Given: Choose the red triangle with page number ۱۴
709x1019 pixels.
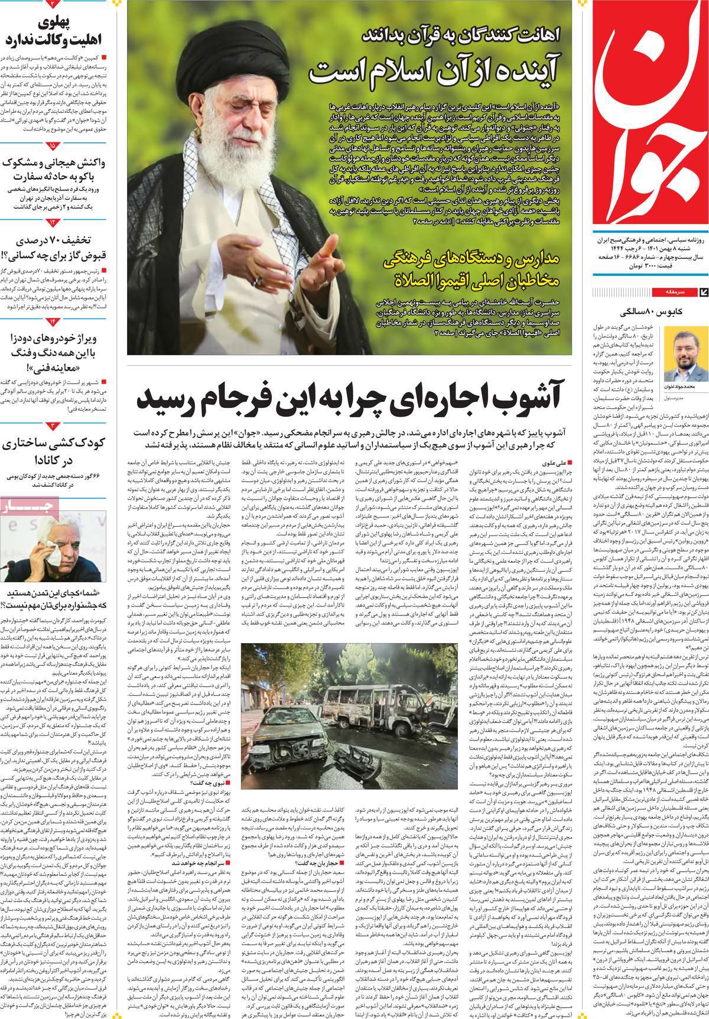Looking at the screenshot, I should coord(54,320).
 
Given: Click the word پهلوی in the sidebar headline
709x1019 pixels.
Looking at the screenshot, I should coord(71,24).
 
